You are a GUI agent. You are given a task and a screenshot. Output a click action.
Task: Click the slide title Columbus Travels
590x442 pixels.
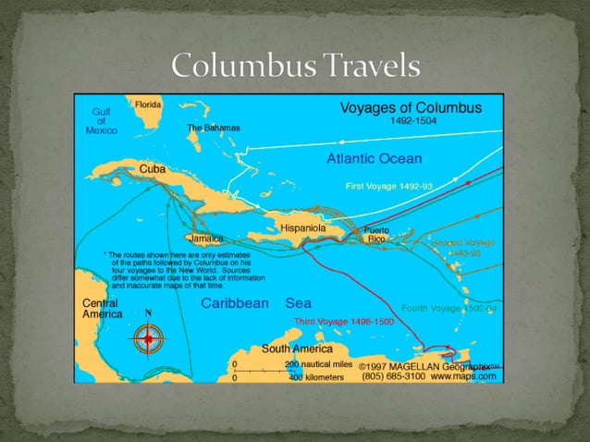(296, 67)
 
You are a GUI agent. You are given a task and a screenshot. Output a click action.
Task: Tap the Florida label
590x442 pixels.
(148, 105)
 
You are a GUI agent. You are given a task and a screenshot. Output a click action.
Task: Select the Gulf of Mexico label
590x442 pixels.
(101, 121)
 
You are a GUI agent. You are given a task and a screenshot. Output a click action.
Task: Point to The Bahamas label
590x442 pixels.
(214, 128)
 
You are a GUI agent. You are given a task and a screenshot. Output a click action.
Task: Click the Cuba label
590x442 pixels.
(153, 169)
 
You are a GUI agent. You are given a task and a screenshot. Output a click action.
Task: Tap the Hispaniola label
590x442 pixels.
(303, 227)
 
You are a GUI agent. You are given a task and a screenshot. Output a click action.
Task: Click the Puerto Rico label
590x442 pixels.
(375, 234)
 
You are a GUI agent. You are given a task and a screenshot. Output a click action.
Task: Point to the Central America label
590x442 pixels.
(103, 308)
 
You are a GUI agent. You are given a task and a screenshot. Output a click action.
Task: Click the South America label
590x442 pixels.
(298, 349)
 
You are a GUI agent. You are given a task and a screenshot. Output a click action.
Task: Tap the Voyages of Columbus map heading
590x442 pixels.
(411, 107)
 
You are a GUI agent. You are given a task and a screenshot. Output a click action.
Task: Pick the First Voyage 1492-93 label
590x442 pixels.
(388, 186)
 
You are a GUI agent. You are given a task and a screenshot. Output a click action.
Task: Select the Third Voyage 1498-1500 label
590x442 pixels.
(344, 321)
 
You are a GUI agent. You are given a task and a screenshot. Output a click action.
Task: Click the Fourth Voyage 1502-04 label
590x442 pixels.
(449, 307)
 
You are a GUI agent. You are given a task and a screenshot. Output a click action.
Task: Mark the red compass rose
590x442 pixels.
(147, 339)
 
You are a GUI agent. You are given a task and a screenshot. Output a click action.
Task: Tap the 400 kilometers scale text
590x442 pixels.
(315, 377)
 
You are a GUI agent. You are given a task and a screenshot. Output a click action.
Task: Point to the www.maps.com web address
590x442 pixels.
(463, 376)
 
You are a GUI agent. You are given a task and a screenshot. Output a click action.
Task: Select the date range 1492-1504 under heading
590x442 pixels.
(412, 121)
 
